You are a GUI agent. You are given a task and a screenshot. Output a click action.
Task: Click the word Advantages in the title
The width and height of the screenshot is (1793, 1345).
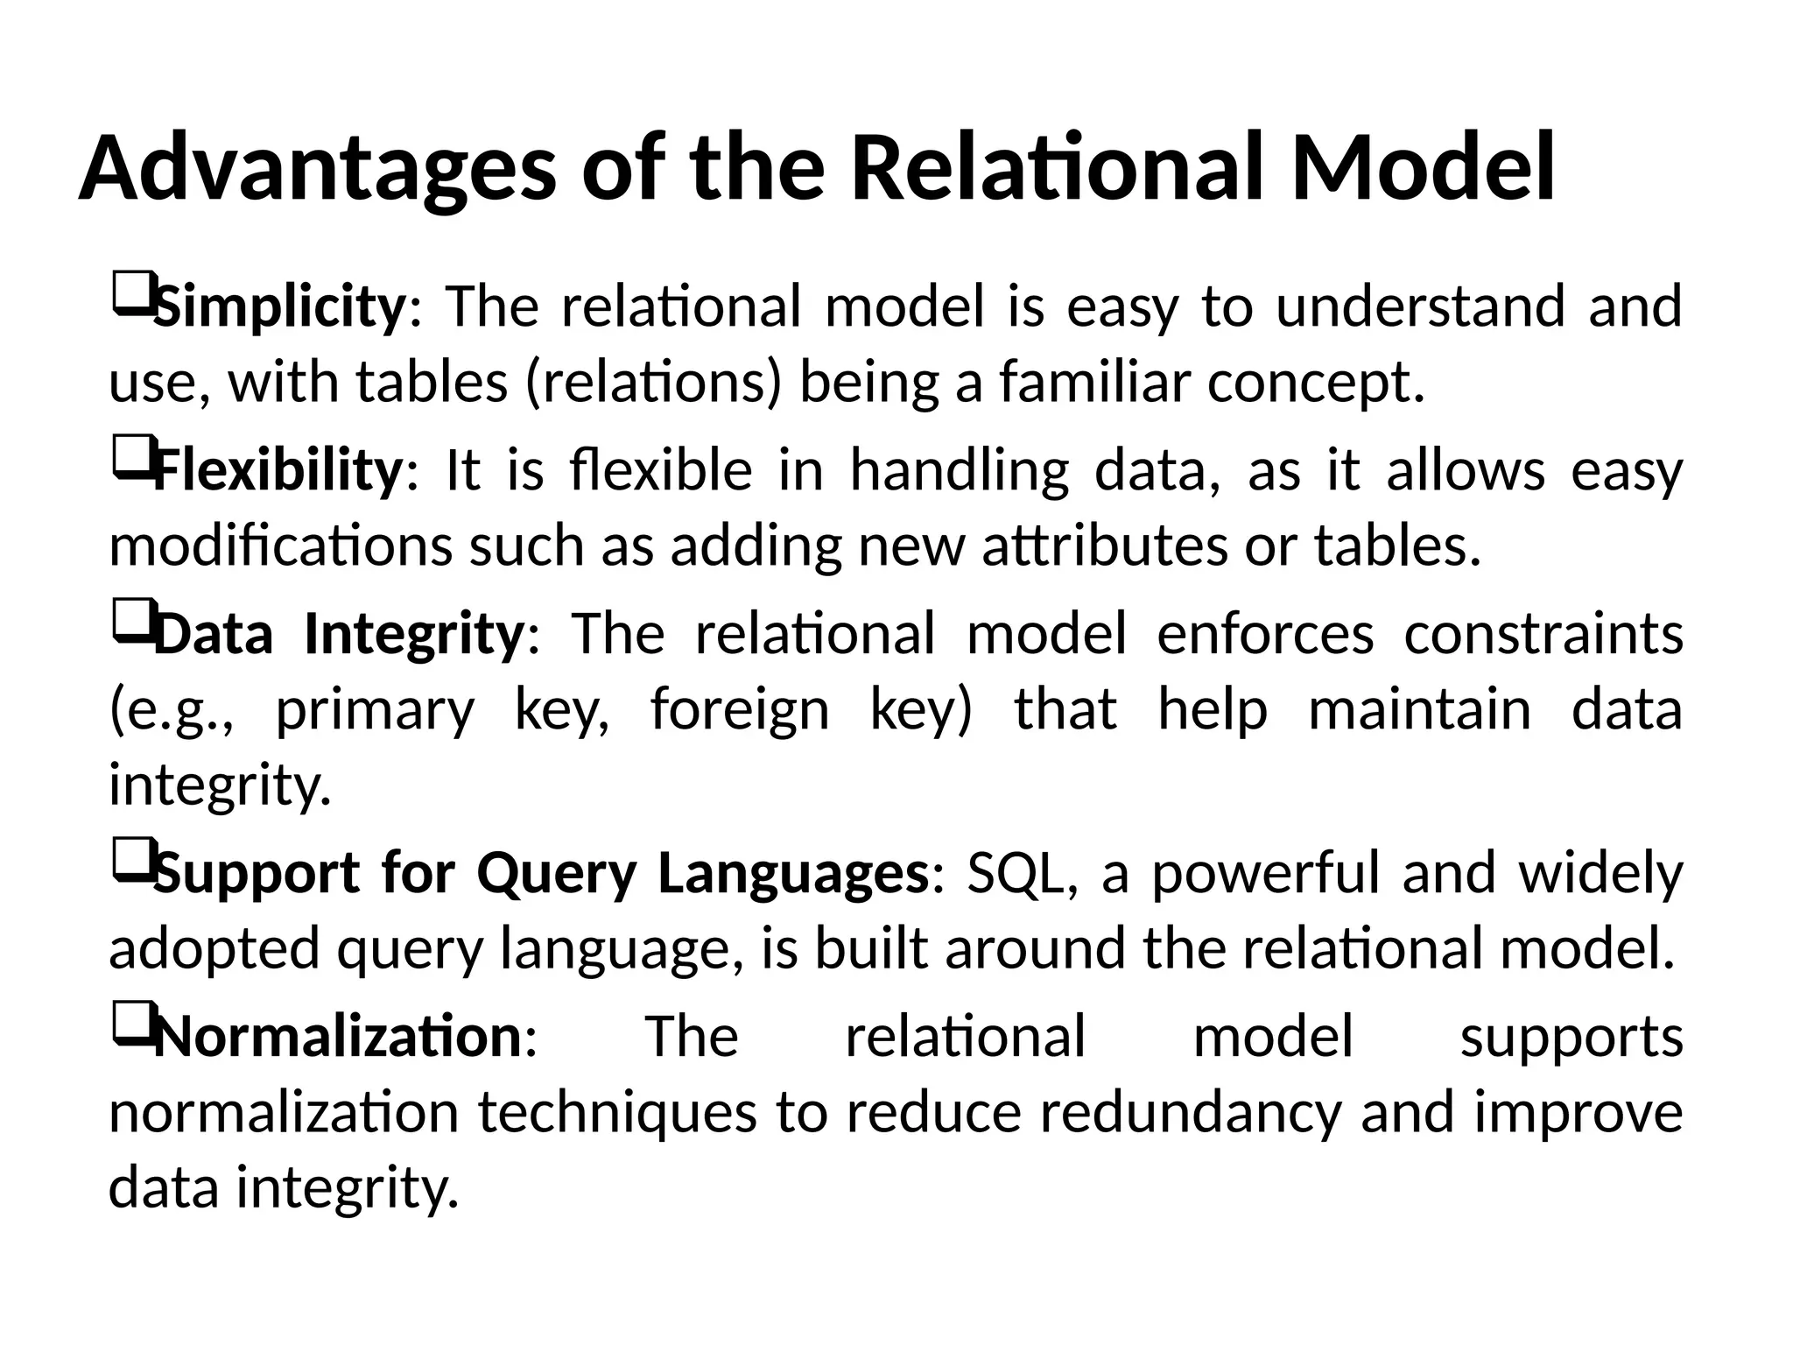click(x=317, y=168)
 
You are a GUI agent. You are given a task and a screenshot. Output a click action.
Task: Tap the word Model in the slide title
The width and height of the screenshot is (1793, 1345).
click(x=1423, y=168)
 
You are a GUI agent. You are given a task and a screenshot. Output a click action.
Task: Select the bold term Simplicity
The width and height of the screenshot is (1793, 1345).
click(x=279, y=306)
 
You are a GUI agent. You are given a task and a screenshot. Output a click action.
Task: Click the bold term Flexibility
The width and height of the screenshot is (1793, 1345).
click(x=278, y=470)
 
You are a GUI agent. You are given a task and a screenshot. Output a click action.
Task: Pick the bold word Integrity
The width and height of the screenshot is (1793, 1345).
click(x=414, y=633)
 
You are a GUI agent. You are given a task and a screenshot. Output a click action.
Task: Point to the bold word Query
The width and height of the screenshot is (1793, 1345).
click(x=556, y=873)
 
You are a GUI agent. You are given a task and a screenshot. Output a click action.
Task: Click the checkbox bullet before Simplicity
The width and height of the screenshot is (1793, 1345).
click(x=131, y=296)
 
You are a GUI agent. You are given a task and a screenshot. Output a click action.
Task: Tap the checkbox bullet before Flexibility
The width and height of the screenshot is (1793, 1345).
click(x=131, y=459)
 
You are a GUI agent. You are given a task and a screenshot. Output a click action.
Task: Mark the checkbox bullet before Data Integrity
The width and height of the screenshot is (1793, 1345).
click(x=131, y=623)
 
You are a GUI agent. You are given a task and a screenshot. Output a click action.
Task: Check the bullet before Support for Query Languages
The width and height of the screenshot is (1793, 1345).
click(x=131, y=862)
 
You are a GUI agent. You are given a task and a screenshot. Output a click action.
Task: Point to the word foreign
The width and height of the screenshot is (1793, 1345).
click(x=739, y=709)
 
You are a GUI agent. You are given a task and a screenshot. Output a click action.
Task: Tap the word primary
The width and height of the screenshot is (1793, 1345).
click(x=375, y=709)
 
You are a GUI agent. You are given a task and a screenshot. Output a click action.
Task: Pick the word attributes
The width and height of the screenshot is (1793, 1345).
click(x=1105, y=546)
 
